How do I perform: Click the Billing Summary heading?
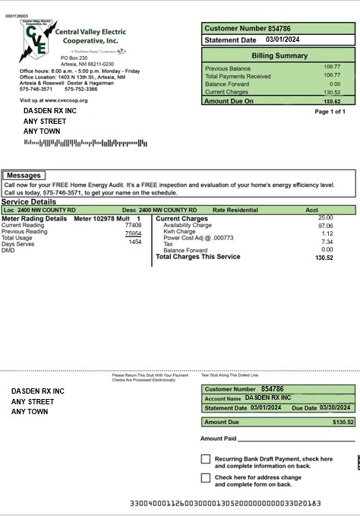pos(279,55)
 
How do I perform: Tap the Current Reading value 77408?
pos(133,226)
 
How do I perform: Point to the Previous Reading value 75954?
pos(133,233)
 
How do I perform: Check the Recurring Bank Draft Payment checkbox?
pos(206,459)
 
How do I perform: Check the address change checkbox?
pos(206,478)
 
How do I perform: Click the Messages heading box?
pos(23,176)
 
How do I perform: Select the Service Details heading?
pos(29,201)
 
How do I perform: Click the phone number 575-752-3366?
pos(81,89)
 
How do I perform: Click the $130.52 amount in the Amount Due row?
pos(343,422)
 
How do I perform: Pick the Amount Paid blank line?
pos(296,439)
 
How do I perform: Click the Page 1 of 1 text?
pos(330,112)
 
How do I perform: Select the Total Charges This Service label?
pos(197,257)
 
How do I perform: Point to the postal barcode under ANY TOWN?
pos(85,143)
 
